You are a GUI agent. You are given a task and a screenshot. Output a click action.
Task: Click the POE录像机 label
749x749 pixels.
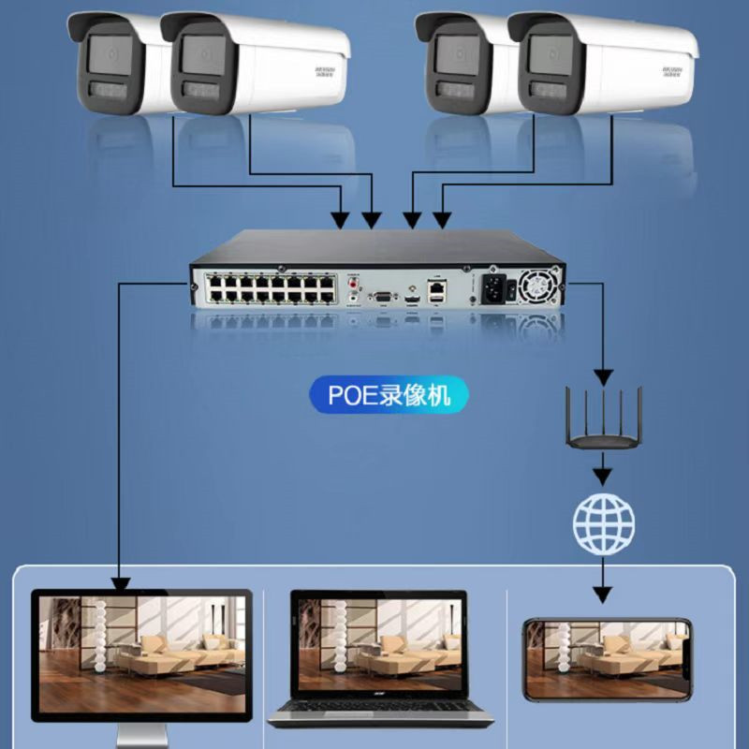pyautogui.click(x=389, y=394)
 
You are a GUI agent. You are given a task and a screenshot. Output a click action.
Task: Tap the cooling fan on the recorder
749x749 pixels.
pyautogui.click(x=540, y=286)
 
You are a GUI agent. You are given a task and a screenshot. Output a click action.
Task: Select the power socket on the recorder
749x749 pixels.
pyautogui.click(x=496, y=289)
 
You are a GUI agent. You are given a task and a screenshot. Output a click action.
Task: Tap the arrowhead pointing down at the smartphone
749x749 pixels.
pyautogui.click(x=604, y=594)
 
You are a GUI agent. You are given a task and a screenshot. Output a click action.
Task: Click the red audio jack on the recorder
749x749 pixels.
pyautogui.click(x=353, y=281)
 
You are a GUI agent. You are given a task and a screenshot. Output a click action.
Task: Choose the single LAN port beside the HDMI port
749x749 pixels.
pyautogui.click(x=434, y=293)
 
